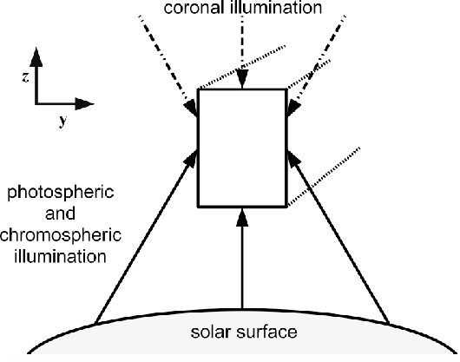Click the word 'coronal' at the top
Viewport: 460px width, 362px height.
[194, 7]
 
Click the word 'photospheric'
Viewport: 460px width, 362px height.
[61, 194]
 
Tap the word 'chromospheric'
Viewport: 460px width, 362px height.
[61, 236]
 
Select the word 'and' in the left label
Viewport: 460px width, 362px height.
[60, 214]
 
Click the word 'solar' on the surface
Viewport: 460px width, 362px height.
[210, 332]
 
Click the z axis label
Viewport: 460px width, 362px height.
[26, 77]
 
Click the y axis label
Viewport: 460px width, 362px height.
[62, 121]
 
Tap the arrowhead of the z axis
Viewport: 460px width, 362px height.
[36, 56]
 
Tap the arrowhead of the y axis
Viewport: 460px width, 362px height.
[84, 103]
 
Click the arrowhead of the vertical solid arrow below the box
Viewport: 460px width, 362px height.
[242, 217]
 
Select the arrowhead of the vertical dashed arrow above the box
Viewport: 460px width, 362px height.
[242, 79]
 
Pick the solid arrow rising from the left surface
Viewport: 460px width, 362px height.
[146, 237]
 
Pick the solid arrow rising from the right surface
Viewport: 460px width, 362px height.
[338, 237]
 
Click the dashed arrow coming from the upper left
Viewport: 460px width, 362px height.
[168, 66]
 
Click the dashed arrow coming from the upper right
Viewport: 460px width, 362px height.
[316, 66]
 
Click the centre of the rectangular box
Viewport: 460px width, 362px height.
[242, 148]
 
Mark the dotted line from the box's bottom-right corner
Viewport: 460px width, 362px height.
[324, 177]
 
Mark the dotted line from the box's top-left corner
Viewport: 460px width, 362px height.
[242, 67]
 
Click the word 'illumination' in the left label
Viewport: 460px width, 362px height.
[60, 256]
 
